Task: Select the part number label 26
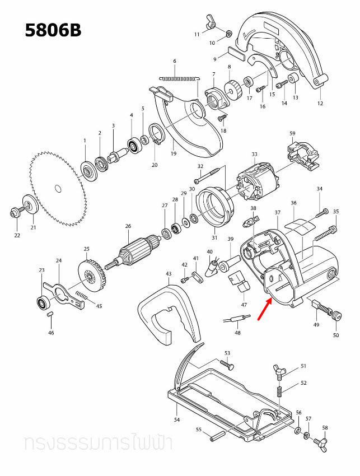[x=128, y=226]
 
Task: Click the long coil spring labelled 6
[x=179, y=78]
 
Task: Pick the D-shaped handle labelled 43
[x=167, y=314]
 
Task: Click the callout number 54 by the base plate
[x=177, y=419]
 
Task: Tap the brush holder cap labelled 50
[x=336, y=316]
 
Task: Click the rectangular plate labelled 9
[x=233, y=54]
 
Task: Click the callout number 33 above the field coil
[x=254, y=155]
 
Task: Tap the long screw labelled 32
[x=211, y=174]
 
